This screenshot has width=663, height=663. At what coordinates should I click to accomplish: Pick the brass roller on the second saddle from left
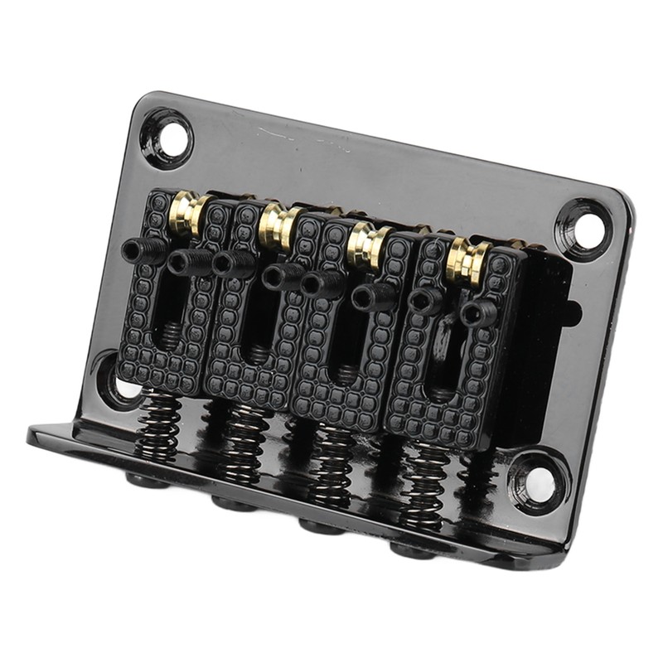coord(277,227)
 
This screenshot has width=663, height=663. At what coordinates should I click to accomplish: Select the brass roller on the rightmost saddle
coord(466,259)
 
